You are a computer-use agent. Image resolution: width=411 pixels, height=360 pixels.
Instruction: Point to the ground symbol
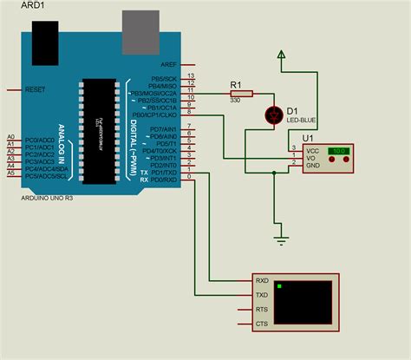(280, 237)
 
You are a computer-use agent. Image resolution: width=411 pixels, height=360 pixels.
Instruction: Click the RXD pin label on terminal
(262, 281)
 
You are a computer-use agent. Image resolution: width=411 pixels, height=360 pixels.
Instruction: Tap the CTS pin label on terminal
(262, 324)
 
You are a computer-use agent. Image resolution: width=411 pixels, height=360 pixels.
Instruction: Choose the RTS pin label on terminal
(262, 310)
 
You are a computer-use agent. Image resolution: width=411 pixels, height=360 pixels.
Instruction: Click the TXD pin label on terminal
(262, 295)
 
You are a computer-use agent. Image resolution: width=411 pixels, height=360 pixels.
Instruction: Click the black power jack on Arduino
(44, 38)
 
